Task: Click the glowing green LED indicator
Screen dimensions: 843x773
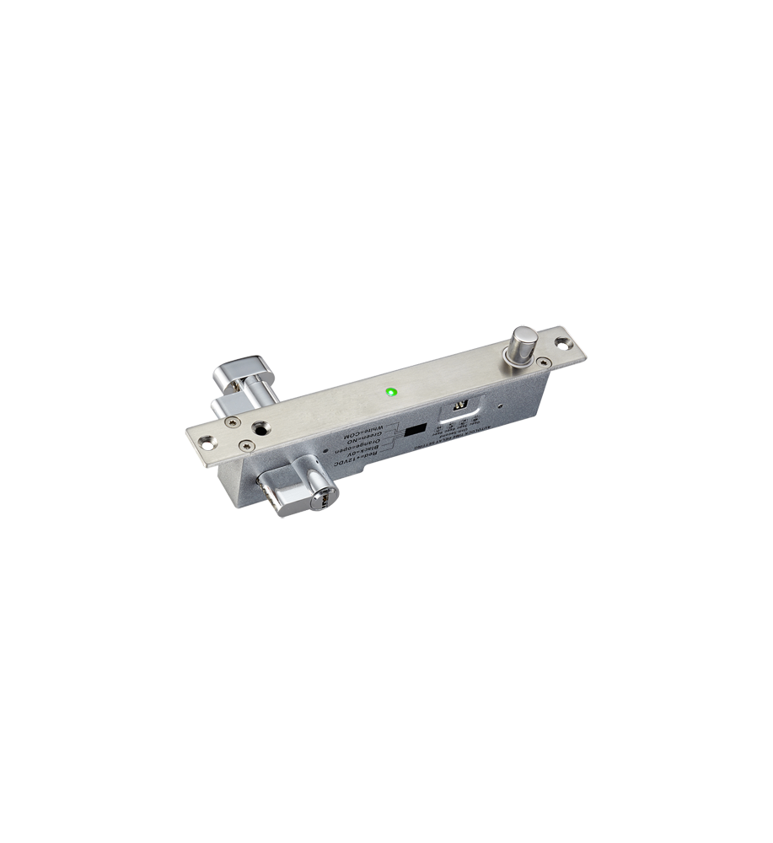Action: click(390, 392)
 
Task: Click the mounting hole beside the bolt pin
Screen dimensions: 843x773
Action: click(564, 344)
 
